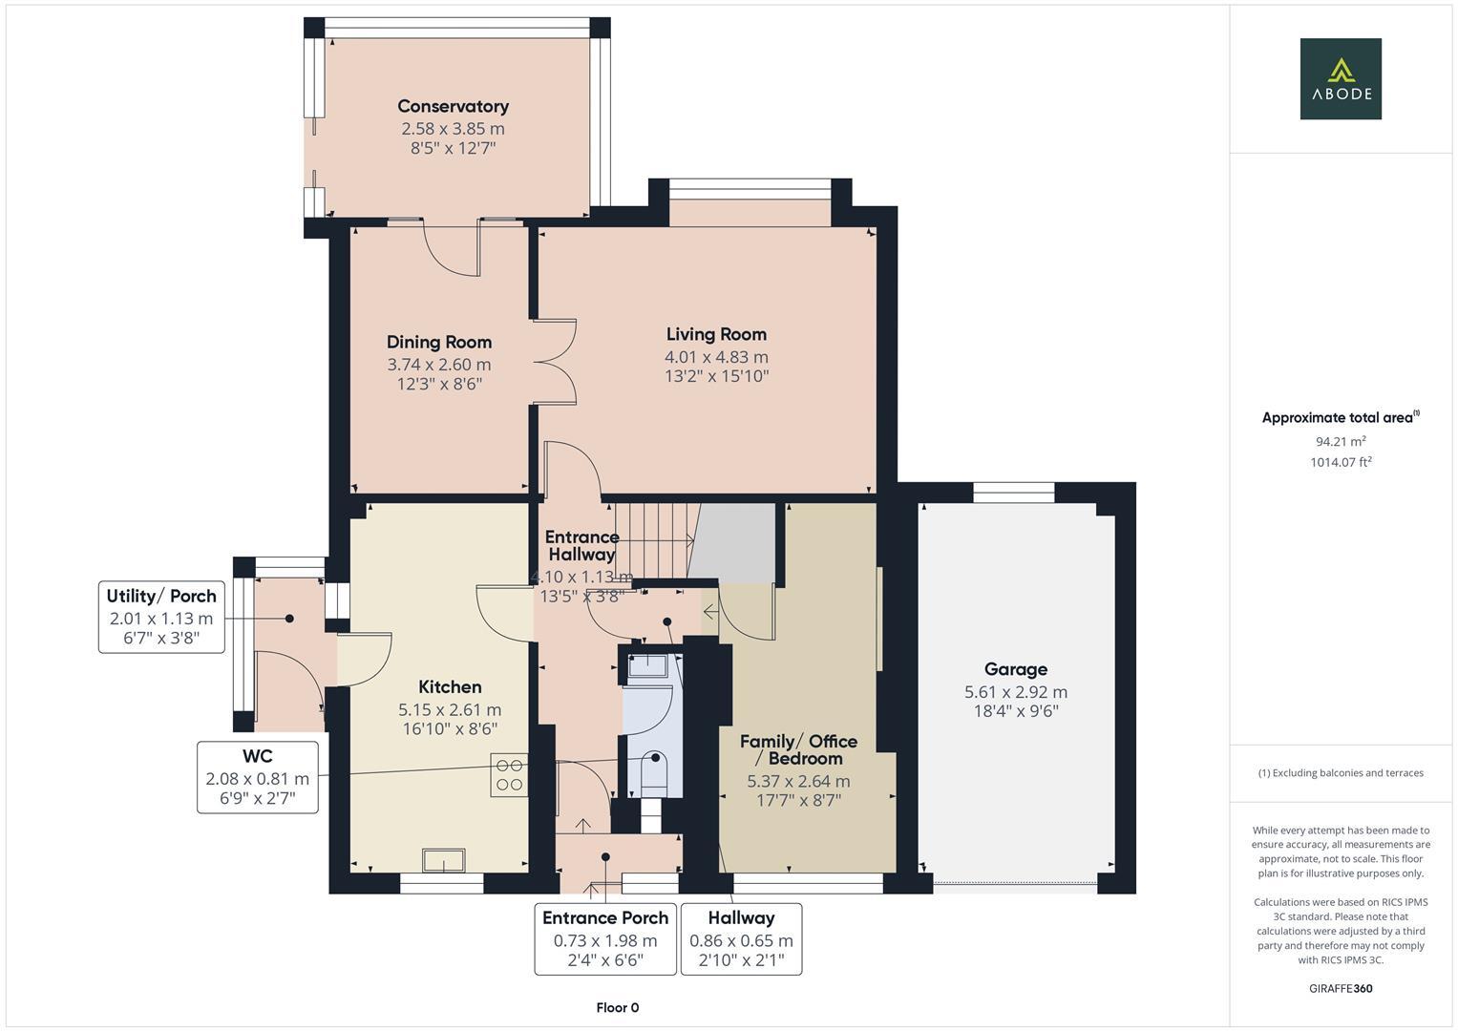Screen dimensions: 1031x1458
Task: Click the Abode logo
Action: point(1340,78)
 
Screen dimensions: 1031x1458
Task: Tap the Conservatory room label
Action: point(453,106)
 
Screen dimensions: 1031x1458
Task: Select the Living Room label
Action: point(716,334)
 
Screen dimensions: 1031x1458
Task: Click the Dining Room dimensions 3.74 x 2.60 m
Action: point(439,364)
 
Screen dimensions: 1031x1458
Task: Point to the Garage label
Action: point(1016,669)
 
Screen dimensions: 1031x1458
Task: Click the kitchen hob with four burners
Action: point(510,774)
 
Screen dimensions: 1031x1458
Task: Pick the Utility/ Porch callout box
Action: point(161,616)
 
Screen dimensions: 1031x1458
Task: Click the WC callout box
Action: point(258,777)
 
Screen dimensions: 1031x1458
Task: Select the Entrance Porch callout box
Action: point(605,938)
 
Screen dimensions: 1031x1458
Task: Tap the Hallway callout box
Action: point(741,938)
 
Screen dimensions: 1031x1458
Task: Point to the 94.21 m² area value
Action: point(1340,441)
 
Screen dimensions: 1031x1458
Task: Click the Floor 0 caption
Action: point(617,1007)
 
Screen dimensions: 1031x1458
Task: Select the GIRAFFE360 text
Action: point(1340,988)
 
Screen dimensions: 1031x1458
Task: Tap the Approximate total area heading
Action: point(1340,417)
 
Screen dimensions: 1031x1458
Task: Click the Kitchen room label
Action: point(450,686)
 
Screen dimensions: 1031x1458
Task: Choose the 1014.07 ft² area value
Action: point(1340,462)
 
